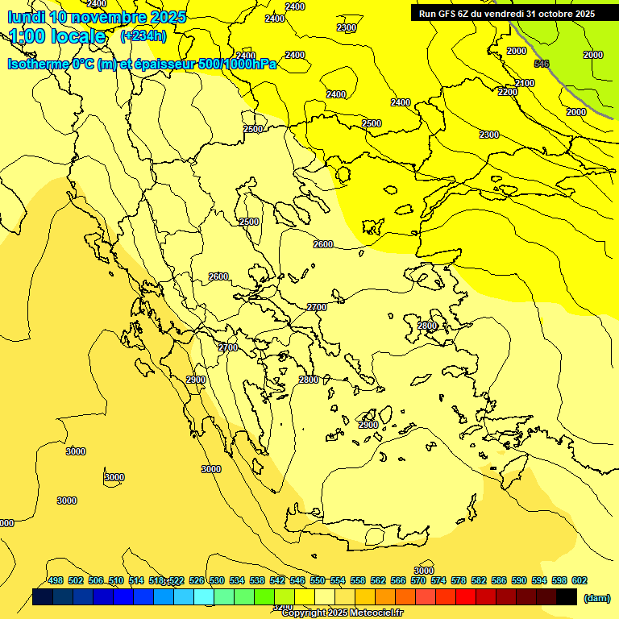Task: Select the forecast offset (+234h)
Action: (x=143, y=36)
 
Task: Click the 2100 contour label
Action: (x=525, y=84)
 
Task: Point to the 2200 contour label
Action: (x=508, y=93)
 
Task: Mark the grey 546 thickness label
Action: (x=542, y=64)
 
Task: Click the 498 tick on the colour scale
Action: (x=56, y=580)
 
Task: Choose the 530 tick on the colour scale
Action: (x=217, y=580)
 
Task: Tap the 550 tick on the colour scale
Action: (x=318, y=580)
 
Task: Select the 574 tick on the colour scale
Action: (x=438, y=580)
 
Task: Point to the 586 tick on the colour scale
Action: (x=499, y=580)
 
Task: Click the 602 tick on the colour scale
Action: (x=580, y=580)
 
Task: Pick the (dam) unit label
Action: (x=597, y=598)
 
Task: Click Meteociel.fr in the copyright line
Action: (x=375, y=613)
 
